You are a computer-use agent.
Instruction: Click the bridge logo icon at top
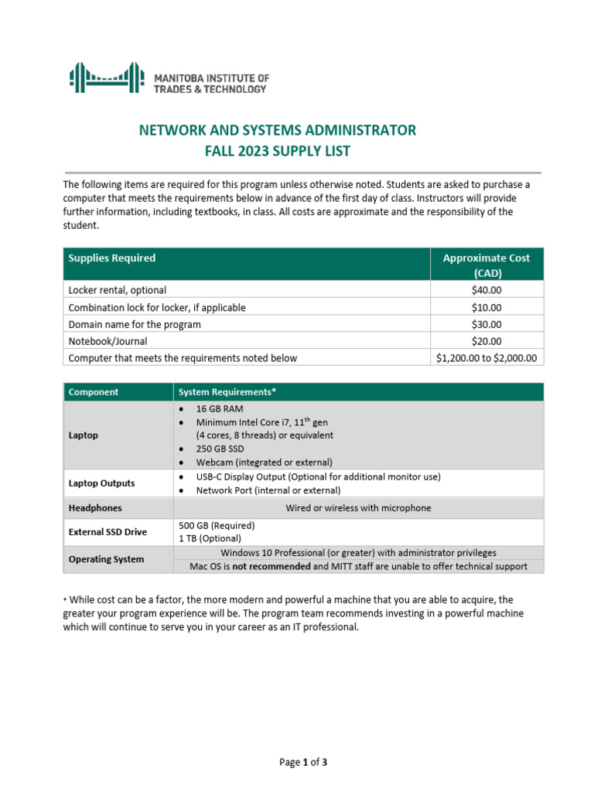click(x=106, y=78)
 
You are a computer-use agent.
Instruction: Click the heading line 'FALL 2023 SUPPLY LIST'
click(x=277, y=151)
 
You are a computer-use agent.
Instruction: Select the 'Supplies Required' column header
click(x=112, y=258)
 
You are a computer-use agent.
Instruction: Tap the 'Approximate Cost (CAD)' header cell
click(x=486, y=265)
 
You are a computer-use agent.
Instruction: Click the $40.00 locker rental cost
click(x=486, y=291)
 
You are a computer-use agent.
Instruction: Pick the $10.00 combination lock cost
click(x=486, y=308)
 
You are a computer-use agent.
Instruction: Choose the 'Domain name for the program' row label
click(x=135, y=325)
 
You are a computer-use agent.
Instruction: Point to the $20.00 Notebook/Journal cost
click(x=486, y=341)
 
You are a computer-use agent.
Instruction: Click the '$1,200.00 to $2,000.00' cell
click(x=486, y=358)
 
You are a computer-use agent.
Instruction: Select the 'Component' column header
click(x=94, y=392)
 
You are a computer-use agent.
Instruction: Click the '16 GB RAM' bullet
click(x=219, y=408)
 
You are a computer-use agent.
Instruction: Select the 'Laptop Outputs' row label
click(x=101, y=483)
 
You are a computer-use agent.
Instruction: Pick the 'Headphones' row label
click(x=95, y=508)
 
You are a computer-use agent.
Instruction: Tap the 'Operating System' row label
click(x=106, y=559)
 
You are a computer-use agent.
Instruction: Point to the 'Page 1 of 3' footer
click(x=303, y=763)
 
